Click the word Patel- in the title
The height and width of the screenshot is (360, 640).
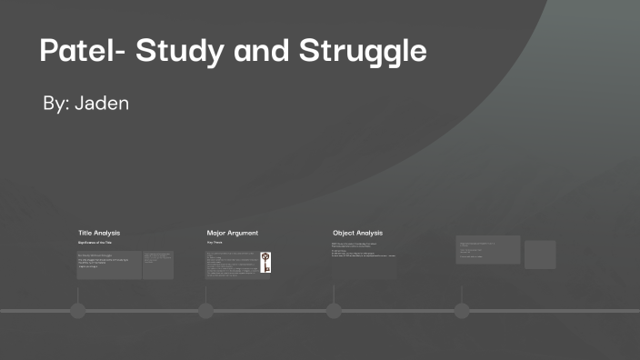coord(82,51)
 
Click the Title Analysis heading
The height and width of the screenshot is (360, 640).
coord(99,233)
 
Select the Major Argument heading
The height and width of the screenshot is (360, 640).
coord(232,233)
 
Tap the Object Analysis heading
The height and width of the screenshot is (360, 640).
coord(357,233)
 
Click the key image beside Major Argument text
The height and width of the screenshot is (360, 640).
coord(265,263)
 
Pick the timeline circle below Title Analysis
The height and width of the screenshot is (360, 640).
coord(78,311)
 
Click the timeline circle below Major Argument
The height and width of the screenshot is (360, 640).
coord(205,311)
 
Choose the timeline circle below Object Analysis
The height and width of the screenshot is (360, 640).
coord(334,311)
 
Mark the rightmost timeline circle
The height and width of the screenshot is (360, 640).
coord(462,311)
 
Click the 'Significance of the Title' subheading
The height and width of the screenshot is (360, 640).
coord(97,244)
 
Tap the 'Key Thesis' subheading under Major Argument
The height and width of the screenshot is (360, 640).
coord(215,244)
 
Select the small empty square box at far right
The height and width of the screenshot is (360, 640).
coord(540,255)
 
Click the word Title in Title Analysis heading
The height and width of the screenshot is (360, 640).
coord(85,233)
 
